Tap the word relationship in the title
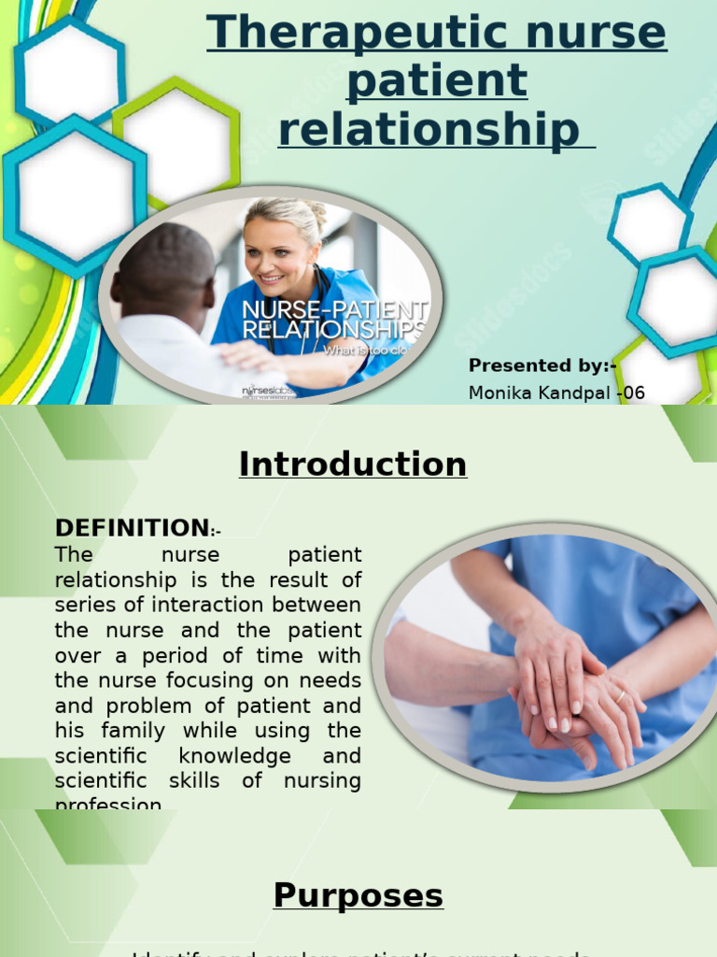point(429,129)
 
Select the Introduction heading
point(353,464)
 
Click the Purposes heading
point(358,895)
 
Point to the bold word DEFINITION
point(132,528)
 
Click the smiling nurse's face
point(277,252)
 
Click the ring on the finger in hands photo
point(620,695)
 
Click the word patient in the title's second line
point(437,82)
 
